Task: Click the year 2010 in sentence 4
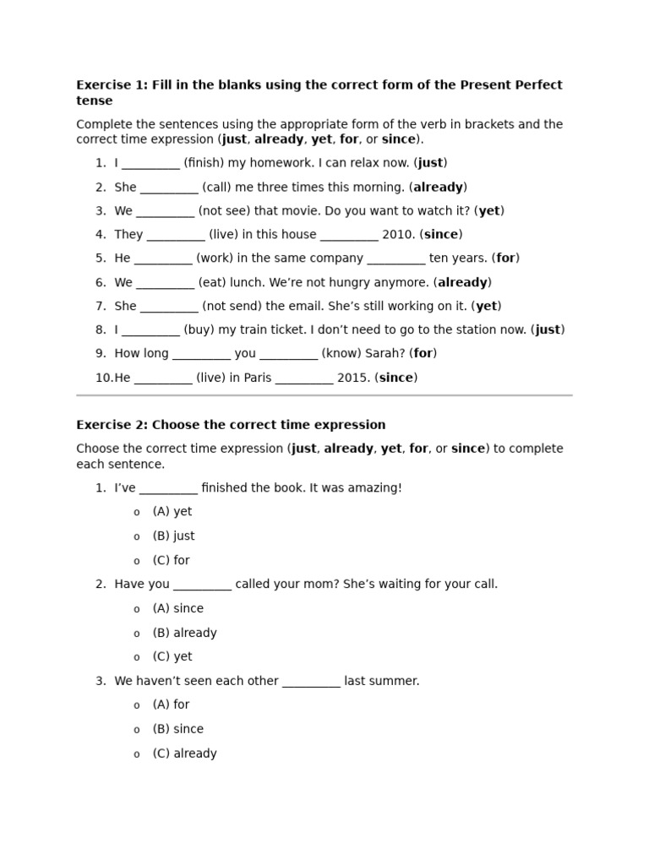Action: (x=399, y=235)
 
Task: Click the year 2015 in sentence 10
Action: (x=354, y=378)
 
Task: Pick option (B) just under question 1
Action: (x=173, y=536)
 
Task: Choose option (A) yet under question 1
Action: (x=172, y=512)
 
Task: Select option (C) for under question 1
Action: (x=171, y=560)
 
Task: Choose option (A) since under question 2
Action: (x=177, y=608)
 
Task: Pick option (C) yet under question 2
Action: (x=172, y=656)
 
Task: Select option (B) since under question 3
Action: (x=177, y=729)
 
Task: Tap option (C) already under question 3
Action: (x=184, y=753)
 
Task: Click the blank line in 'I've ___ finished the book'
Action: (x=168, y=488)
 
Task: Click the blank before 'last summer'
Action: (x=311, y=682)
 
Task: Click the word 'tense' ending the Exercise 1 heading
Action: (x=94, y=101)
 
